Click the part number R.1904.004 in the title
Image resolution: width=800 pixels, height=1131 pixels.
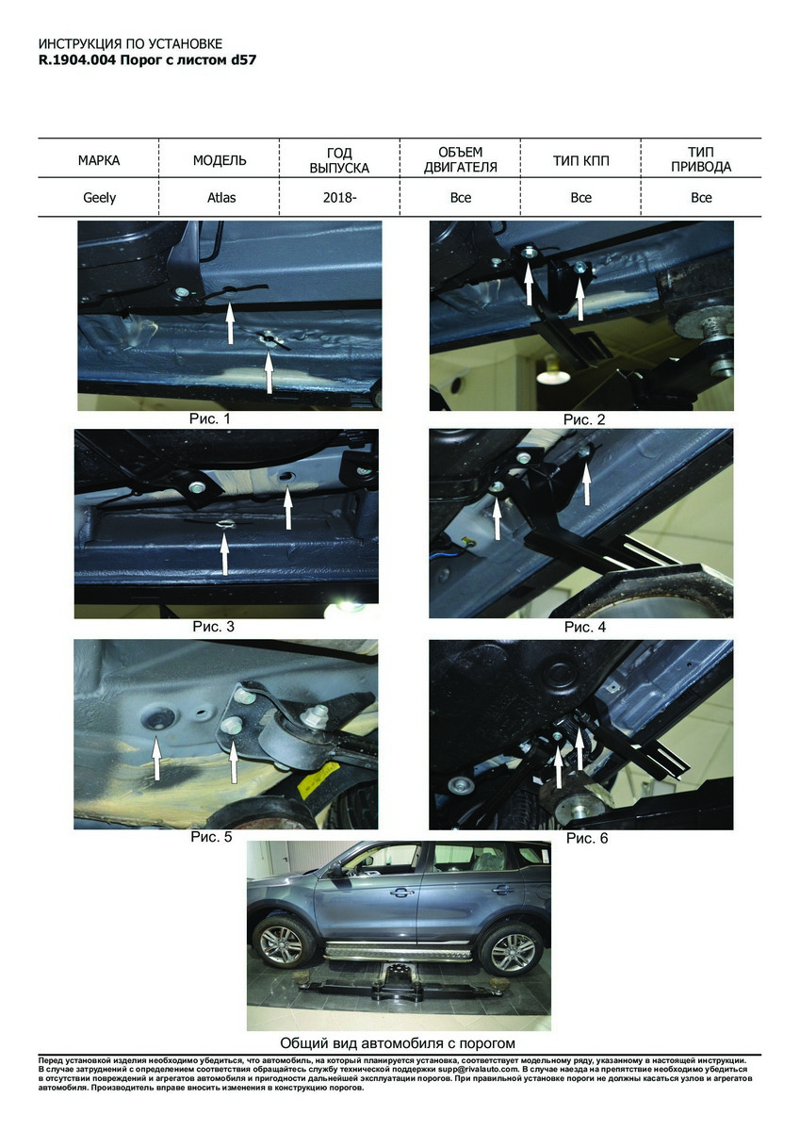(x=77, y=60)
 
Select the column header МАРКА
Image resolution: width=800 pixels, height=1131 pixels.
(x=99, y=160)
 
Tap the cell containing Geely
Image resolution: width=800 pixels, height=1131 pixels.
(x=100, y=197)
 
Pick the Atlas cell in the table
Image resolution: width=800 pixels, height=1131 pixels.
(x=221, y=197)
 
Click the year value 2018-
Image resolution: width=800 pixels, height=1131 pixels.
(x=339, y=197)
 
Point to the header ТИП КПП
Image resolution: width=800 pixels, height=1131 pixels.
(x=581, y=160)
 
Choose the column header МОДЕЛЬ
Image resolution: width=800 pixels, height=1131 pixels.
(x=220, y=160)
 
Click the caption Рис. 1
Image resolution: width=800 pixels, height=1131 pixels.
(x=209, y=418)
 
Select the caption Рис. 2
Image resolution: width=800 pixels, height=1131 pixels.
(x=584, y=419)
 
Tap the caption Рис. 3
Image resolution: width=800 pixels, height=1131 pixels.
(x=214, y=627)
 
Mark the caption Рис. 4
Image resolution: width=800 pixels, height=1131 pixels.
(x=585, y=627)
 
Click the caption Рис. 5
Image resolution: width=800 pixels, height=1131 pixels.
(x=211, y=837)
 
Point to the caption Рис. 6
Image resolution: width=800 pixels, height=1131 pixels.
(x=587, y=838)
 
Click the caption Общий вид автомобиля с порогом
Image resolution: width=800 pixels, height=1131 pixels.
(x=398, y=1042)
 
